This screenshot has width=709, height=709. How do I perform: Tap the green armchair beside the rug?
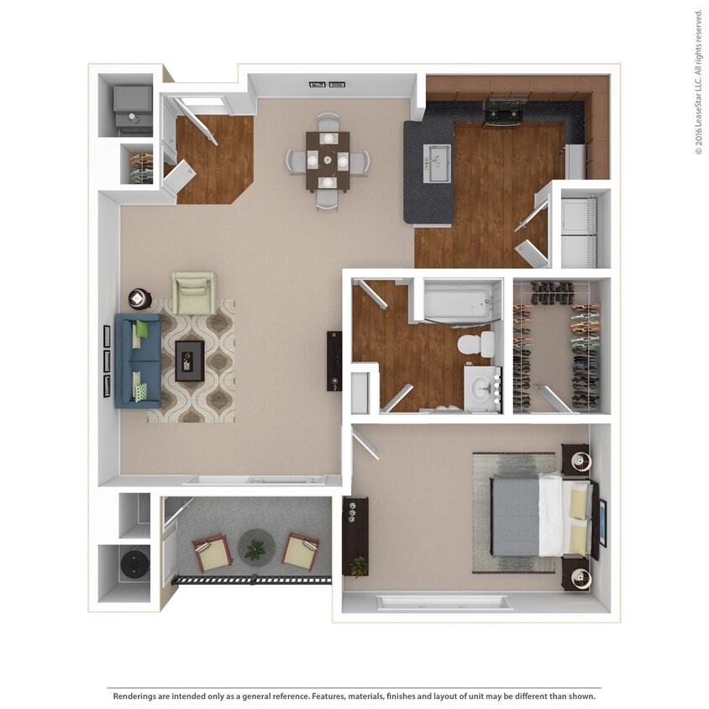195,292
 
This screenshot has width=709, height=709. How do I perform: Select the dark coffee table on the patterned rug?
189,360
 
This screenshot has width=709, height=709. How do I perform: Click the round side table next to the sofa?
139,298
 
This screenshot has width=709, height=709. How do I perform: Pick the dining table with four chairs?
328,160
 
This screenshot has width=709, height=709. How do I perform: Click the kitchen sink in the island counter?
437,163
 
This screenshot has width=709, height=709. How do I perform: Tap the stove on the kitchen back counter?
505,112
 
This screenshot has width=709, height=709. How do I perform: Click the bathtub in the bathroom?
454,302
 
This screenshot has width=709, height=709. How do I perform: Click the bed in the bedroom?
538,515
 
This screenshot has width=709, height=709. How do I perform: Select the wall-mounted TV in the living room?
334,361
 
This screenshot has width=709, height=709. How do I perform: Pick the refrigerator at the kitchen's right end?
575,162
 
